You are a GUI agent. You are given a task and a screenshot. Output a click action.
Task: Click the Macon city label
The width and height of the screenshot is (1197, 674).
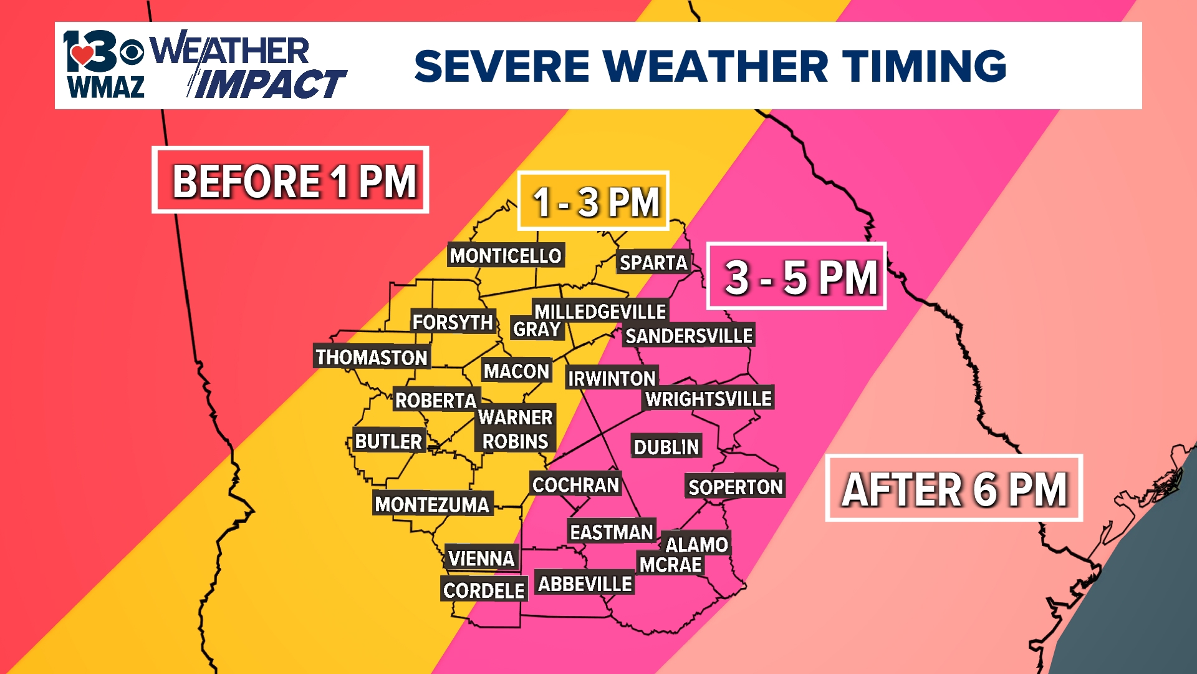pyautogui.click(x=516, y=371)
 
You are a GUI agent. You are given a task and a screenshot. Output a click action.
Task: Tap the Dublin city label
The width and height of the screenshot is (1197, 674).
pyautogui.click(x=666, y=447)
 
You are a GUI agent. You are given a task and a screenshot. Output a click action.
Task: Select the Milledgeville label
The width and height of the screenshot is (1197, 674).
pyautogui.click(x=600, y=311)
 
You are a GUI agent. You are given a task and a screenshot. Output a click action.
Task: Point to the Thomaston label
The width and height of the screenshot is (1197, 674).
pyautogui.click(x=371, y=357)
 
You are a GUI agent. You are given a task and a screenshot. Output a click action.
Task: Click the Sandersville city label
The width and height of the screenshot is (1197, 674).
pyautogui.click(x=688, y=336)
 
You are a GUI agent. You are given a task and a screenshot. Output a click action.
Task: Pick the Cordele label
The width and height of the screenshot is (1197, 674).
pyautogui.click(x=484, y=590)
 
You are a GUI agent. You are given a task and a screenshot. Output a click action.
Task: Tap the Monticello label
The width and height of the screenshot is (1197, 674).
pyautogui.click(x=506, y=255)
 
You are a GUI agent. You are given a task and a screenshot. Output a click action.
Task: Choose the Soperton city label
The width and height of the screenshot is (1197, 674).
pyautogui.click(x=735, y=487)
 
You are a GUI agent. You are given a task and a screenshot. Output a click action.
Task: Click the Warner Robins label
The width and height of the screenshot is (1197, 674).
pyautogui.click(x=515, y=429)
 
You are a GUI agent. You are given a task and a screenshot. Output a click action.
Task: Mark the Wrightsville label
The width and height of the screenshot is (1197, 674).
pyautogui.click(x=708, y=399)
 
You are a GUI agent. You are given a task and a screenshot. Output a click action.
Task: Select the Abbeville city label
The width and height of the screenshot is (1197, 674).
pyautogui.click(x=585, y=584)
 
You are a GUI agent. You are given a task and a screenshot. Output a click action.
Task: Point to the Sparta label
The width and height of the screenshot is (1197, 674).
pyautogui.click(x=653, y=263)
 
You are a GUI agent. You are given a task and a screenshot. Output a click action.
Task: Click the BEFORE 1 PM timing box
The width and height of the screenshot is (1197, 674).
pyautogui.click(x=291, y=180)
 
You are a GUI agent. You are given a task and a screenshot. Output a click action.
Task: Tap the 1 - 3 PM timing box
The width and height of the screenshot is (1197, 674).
pyautogui.click(x=594, y=201)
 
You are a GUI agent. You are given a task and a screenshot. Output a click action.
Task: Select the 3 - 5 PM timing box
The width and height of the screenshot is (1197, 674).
pyautogui.click(x=796, y=276)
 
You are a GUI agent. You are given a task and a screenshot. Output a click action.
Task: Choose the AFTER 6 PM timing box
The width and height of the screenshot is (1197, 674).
pyautogui.click(x=954, y=489)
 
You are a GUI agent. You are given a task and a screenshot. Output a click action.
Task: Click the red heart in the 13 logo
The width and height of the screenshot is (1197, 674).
pyautogui.click(x=82, y=55)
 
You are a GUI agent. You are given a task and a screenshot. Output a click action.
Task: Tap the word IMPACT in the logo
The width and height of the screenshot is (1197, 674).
pyautogui.click(x=269, y=84)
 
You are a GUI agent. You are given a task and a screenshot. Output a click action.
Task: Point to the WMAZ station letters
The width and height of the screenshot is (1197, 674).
pyautogui.click(x=106, y=87)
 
